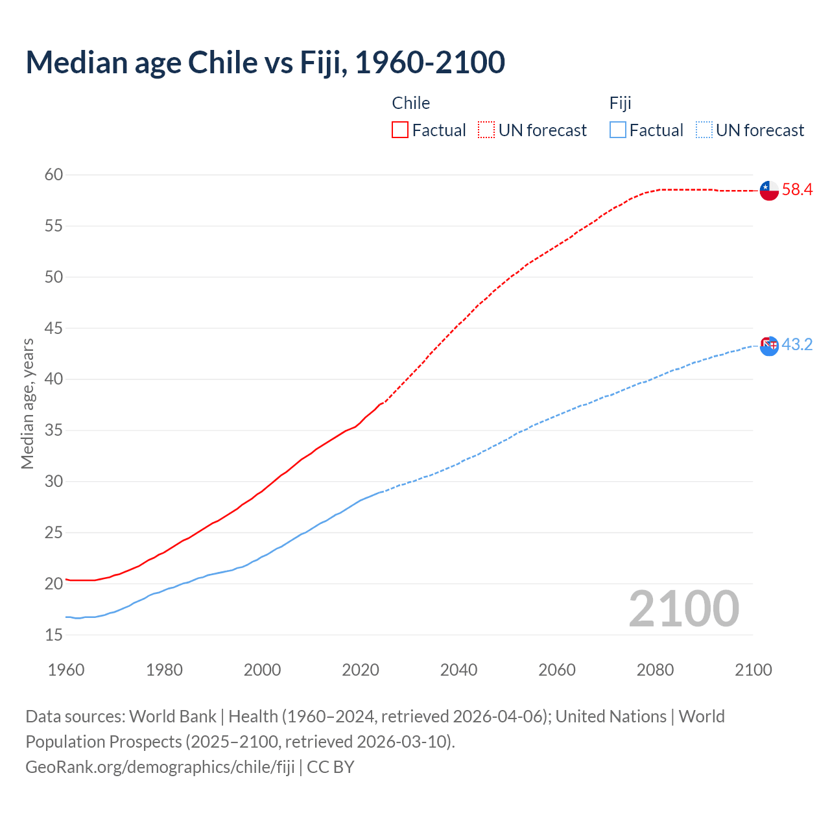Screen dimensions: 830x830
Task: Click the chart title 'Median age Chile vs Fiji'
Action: click(x=265, y=62)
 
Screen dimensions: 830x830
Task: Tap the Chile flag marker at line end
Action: click(x=768, y=191)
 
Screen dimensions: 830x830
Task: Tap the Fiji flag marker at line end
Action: click(x=768, y=346)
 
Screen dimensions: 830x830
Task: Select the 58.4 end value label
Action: click(x=797, y=190)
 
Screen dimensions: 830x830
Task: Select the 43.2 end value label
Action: click(x=797, y=345)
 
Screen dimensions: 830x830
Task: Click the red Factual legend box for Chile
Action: click(x=400, y=130)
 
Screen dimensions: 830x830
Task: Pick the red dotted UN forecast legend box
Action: click(x=486, y=130)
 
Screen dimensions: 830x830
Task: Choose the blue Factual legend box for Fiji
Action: click(x=618, y=130)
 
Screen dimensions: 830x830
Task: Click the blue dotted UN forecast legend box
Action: click(x=704, y=130)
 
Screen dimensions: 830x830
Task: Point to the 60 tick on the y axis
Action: click(x=54, y=174)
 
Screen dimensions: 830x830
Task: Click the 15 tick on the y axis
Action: click(x=54, y=635)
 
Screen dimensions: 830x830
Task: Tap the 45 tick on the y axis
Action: click(x=54, y=328)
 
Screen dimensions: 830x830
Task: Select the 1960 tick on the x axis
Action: click(x=66, y=670)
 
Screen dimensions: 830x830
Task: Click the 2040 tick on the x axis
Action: click(x=458, y=670)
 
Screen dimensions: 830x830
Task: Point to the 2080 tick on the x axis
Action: click(x=655, y=670)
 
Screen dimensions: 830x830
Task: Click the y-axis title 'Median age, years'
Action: click(x=27, y=403)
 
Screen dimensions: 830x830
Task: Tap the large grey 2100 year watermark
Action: click(x=683, y=608)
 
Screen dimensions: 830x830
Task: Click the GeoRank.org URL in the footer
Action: click(x=160, y=767)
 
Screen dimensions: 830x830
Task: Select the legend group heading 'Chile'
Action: click(x=410, y=103)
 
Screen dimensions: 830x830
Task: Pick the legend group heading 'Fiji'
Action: click(x=620, y=103)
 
